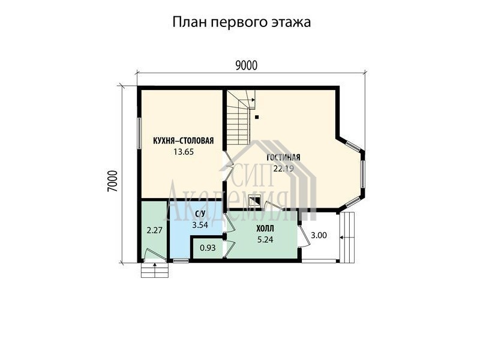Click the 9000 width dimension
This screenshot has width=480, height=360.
(247, 65)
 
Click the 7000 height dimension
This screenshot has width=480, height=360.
(113, 181)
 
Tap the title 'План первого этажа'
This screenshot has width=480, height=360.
(242, 22)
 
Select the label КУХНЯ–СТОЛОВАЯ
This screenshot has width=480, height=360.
(184, 141)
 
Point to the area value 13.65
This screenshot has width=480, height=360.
(184, 152)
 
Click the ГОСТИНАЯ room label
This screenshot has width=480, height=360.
(283, 157)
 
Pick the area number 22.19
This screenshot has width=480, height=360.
(283, 169)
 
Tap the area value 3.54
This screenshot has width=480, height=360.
(200, 225)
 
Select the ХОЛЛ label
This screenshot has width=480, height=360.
(265, 229)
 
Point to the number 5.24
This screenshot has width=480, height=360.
(265, 239)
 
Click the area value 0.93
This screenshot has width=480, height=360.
(208, 248)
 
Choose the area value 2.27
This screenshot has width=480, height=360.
(154, 230)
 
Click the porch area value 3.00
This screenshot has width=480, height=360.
(319, 235)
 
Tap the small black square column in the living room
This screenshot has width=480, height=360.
(257, 116)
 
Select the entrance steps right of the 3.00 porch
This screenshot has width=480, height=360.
(347, 237)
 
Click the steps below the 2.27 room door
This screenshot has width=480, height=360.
(155, 270)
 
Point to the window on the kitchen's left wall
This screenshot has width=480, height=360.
(139, 133)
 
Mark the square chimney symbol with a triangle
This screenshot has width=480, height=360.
(254, 201)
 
